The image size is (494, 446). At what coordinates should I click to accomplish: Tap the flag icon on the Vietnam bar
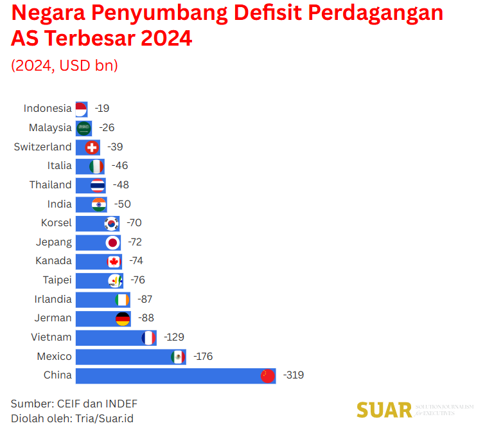148,337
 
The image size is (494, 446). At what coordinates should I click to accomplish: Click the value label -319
293,375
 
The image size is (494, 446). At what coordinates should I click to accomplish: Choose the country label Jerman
53,318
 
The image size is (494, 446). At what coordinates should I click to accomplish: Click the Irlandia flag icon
122,299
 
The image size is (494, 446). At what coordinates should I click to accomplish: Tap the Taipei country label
57,280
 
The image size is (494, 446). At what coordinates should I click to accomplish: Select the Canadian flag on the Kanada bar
114,262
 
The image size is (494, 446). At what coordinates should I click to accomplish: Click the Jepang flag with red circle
112,242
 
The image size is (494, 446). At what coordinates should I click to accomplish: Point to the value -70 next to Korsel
134,223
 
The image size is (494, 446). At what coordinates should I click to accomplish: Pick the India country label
60,204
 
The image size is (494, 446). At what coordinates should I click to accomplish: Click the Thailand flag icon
98,186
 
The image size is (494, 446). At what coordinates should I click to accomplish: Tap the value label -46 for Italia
119,166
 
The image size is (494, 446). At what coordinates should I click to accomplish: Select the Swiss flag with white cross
92,147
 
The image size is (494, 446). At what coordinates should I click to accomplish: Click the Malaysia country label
50,128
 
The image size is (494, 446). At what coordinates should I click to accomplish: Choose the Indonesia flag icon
81,109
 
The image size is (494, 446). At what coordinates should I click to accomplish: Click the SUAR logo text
384,410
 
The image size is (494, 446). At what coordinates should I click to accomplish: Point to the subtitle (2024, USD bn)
64,66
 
